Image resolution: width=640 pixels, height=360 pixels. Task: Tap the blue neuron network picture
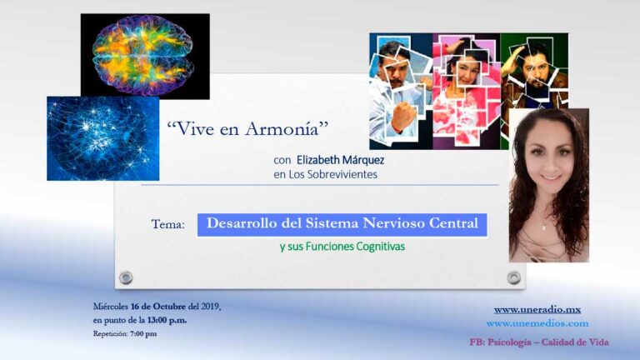[x=102, y=138]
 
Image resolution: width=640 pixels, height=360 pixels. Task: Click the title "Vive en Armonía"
[x=247, y=129]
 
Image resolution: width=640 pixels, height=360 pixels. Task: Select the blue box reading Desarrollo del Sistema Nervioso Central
[x=342, y=224]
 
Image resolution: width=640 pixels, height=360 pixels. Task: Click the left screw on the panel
[x=126, y=277]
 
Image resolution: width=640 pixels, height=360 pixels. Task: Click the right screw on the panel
[x=514, y=277]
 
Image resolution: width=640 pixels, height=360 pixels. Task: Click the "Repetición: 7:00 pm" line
[x=124, y=334]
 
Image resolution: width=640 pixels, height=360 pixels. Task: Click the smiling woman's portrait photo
[x=548, y=185]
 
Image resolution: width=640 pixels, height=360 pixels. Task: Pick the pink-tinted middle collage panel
[x=466, y=90]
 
